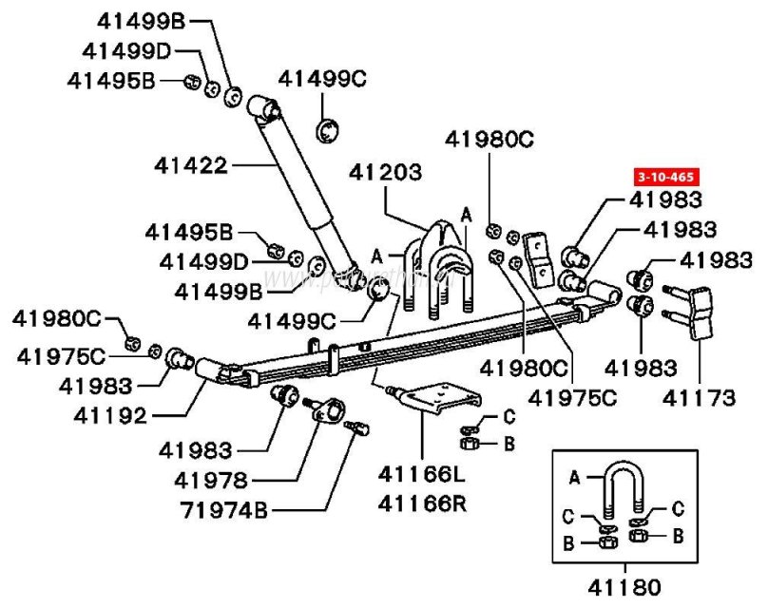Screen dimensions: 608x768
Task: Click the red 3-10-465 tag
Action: click(664, 177)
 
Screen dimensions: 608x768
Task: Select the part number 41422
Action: click(191, 166)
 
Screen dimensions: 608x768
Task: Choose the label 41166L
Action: click(423, 475)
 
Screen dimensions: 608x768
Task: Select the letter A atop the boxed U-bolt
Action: click(574, 471)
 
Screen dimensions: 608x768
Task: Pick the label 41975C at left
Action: click(60, 356)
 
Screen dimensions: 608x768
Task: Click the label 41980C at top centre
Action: click(490, 140)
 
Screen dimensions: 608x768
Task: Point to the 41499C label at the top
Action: click(321, 80)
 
